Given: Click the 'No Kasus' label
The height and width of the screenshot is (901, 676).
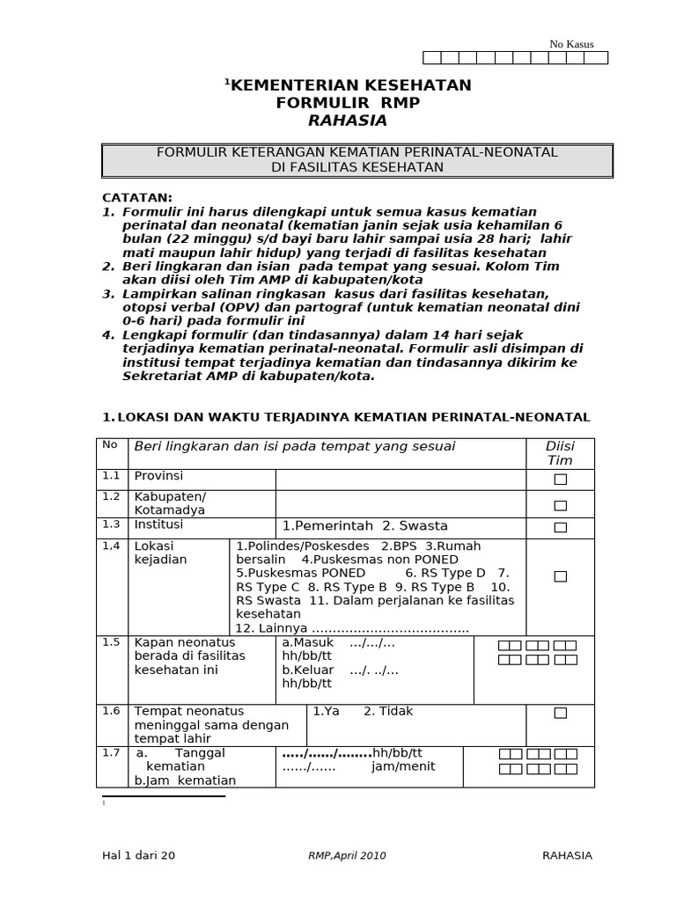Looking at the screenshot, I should (571, 44).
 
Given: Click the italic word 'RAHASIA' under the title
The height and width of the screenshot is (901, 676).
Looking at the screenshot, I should (348, 121).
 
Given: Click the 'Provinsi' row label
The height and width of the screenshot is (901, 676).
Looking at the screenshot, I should (158, 476).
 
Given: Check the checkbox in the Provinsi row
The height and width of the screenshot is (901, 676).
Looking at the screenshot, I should (560, 480).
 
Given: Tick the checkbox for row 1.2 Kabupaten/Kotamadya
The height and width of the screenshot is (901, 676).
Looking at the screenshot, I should (560, 505).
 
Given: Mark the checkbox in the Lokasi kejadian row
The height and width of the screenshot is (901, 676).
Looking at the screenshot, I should (560, 576).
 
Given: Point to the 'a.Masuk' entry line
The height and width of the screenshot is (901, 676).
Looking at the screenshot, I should (308, 642).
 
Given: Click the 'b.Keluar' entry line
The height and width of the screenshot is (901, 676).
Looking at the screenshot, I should (309, 670).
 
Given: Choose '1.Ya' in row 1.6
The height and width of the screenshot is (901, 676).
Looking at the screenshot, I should (326, 711).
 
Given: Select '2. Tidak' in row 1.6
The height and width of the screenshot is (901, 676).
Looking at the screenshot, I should (388, 711).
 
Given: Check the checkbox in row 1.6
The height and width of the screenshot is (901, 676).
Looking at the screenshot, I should (560, 713).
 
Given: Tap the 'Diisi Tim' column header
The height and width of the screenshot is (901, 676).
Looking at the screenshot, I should (560, 453).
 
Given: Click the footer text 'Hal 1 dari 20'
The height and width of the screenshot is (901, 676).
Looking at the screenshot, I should (138, 855).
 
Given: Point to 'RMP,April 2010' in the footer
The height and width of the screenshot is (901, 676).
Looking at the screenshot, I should (347, 855).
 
